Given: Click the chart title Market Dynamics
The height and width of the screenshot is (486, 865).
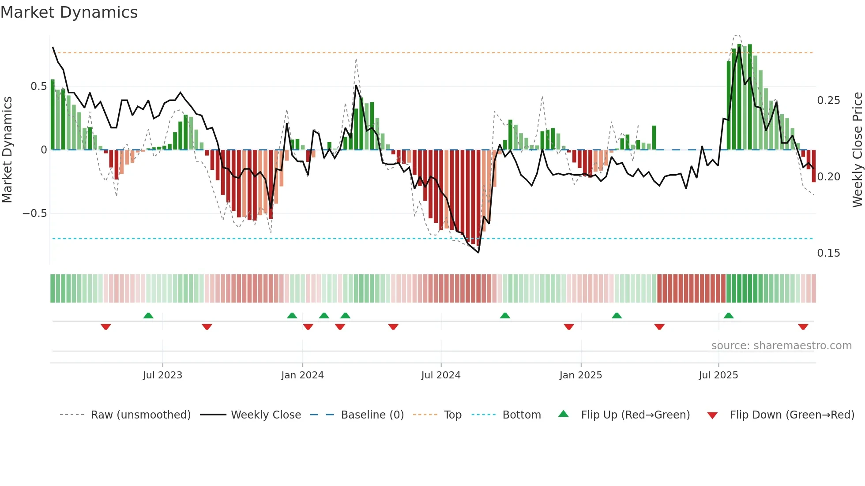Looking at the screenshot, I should pos(69,12).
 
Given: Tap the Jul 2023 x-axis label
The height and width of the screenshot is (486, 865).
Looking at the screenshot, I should pos(162,375).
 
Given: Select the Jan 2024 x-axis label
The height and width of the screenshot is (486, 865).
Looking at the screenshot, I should pos(302,375).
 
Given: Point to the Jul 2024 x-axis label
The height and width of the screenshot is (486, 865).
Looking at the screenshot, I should pos(440,375).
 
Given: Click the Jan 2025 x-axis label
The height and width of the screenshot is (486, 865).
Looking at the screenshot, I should pos(580,375).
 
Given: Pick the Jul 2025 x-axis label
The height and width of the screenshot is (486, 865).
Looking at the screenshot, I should pos(718,375).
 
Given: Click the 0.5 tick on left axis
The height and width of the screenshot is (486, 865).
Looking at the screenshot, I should pos(38,86).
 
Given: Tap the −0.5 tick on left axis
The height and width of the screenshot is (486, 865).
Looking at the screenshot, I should pos(34,213).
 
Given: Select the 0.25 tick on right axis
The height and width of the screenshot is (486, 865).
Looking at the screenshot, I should pos(828,101).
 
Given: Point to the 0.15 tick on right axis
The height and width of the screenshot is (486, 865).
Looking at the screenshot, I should pos(828,253).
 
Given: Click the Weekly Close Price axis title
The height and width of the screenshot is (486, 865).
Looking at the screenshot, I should pos(857,150).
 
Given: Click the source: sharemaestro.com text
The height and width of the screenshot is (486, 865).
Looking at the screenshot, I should pos(781,346).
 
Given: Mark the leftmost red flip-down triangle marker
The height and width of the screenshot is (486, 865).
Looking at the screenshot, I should pos(105,327).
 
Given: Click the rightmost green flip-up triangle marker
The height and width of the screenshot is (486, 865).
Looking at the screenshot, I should pos(729,315).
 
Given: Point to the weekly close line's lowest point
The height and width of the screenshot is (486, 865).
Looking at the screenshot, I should pos(478,253).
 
